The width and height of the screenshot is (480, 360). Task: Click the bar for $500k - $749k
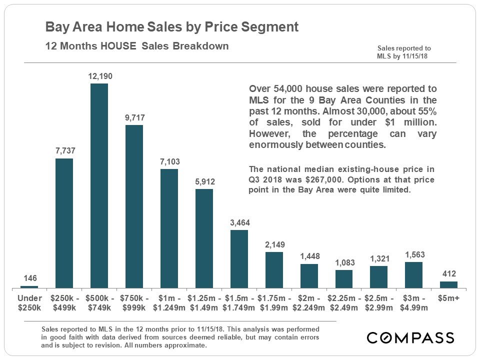(x=99, y=185)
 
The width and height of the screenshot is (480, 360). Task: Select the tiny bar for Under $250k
(x=29, y=287)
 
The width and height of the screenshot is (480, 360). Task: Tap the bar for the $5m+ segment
(x=448, y=284)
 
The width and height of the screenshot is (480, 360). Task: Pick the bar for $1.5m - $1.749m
(x=239, y=259)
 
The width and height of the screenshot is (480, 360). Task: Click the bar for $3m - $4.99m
(x=413, y=275)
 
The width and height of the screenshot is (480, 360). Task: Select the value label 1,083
(x=344, y=262)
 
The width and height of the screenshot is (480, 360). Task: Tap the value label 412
(x=448, y=274)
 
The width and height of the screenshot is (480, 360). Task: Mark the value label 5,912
(x=204, y=181)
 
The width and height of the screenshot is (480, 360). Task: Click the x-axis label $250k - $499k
(x=64, y=303)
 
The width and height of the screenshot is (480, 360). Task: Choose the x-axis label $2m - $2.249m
(x=309, y=303)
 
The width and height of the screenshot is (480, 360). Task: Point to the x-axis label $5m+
(x=448, y=298)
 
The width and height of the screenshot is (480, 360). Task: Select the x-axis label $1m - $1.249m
(x=169, y=303)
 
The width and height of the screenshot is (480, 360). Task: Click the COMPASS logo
(x=410, y=337)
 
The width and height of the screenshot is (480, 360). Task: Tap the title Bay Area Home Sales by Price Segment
(x=172, y=27)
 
